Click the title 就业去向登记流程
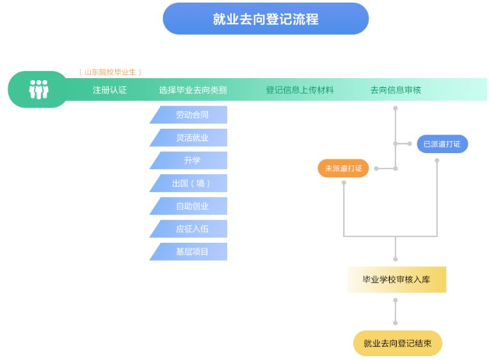(x=266, y=19)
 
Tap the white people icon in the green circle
(x=38, y=90)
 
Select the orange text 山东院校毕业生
(x=110, y=72)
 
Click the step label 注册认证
(x=109, y=90)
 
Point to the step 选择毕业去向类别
(x=193, y=90)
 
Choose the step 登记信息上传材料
(x=300, y=90)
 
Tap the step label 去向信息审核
(x=396, y=90)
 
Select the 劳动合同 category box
(x=191, y=115)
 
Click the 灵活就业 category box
(x=191, y=138)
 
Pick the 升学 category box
(x=191, y=161)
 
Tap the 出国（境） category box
(x=191, y=183)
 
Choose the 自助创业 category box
(x=191, y=206)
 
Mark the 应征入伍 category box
(x=191, y=229)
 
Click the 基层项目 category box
(x=191, y=252)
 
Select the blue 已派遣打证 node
(x=442, y=144)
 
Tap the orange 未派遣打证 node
(x=343, y=168)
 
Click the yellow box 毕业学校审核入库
(x=396, y=279)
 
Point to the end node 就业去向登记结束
(x=397, y=343)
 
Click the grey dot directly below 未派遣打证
(x=344, y=183)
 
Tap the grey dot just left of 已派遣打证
(x=410, y=143)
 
